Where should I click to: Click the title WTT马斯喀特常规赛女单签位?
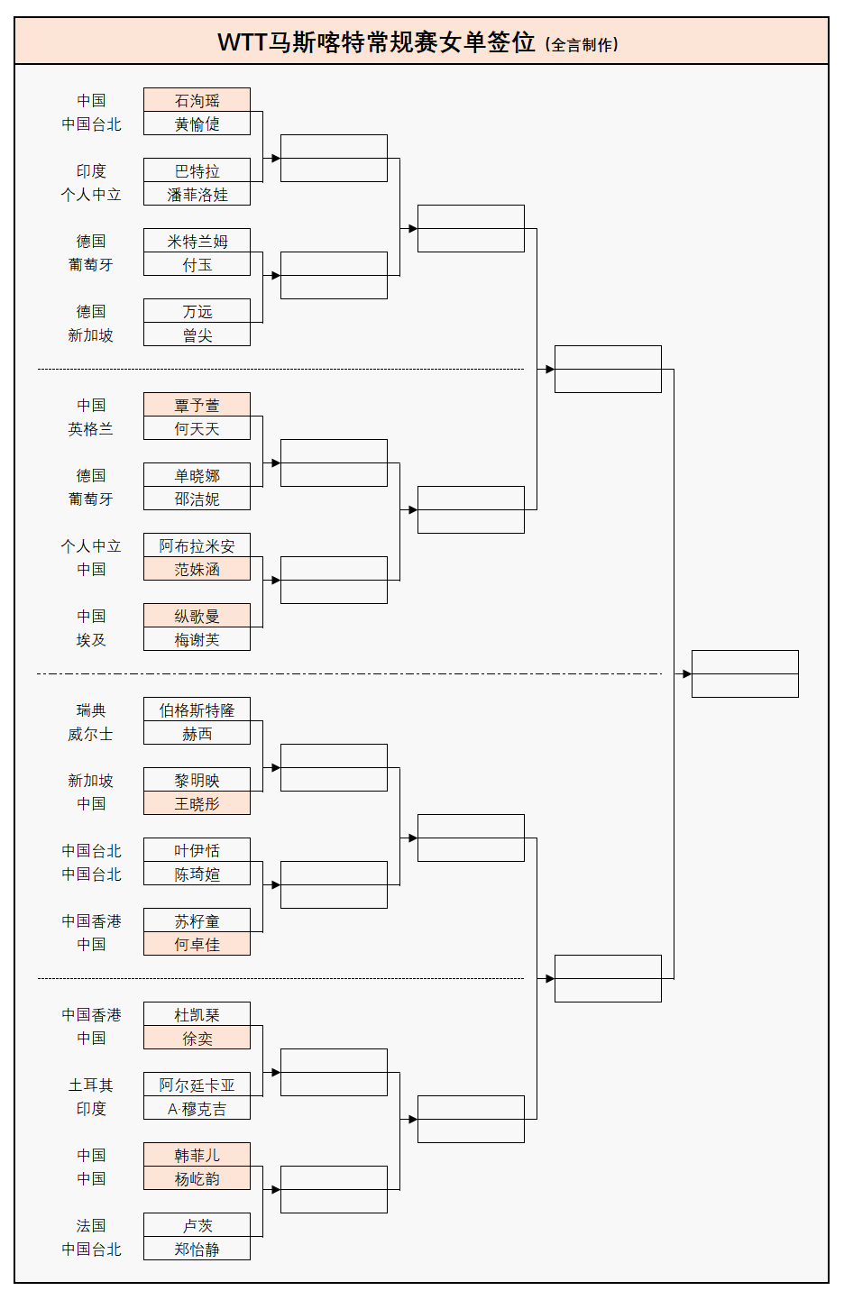point(377,42)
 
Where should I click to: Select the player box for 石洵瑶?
point(197,101)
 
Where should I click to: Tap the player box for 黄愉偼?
point(197,124)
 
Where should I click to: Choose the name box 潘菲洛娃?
point(197,195)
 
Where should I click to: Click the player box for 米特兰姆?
point(197,242)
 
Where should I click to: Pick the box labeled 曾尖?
point(197,335)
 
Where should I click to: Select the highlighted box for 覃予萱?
point(197,406)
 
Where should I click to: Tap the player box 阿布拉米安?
point(197,546)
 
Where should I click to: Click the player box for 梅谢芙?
point(197,640)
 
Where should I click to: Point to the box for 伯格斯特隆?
point(197,710)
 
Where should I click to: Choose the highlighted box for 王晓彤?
point(197,804)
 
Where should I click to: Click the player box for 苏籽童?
point(197,921)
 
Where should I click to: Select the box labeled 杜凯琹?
point(197,1015)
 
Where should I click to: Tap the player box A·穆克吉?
point(197,1109)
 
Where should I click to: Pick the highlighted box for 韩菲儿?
point(197,1156)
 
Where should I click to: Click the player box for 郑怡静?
point(197,1250)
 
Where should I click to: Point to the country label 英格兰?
point(91,429)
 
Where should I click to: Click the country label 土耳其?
point(91,1085)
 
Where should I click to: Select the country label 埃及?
point(91,640)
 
